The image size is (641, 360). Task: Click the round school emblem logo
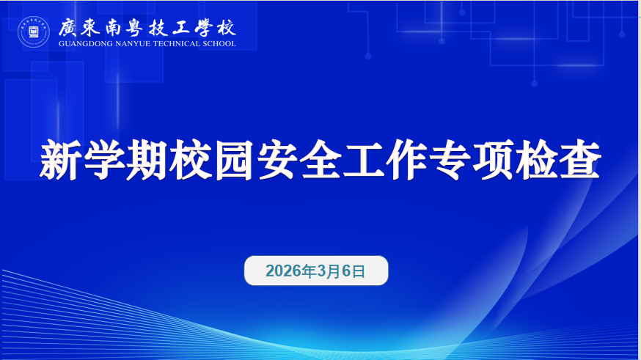[x=34, y=32]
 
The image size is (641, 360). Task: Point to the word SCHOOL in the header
[x=219, y=44]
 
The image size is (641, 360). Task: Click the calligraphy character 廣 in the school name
[x=68, y=28]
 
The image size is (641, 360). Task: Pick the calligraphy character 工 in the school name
[x=181, y=28]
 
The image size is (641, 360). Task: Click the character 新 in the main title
[x=59, y=160]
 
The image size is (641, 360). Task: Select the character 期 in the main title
[x=147, y=160]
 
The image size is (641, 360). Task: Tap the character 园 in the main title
[x=233, y=160]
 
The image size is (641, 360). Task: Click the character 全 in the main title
[x=320, y=160]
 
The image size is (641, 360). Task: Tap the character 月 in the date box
[x=334, y=271]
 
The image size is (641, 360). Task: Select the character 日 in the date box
[x=359, y=271]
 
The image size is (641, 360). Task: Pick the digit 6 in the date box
[x=347, y=271]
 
